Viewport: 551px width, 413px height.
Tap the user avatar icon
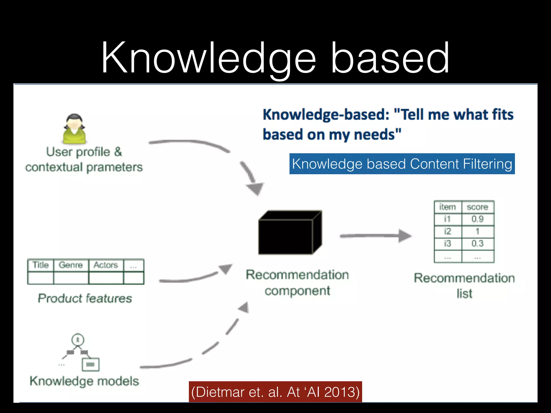74,129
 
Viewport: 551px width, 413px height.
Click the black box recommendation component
289,233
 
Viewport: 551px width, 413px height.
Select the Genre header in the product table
70,265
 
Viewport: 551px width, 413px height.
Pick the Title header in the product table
40,265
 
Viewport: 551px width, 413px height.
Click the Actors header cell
105,265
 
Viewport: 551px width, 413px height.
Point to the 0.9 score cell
478,219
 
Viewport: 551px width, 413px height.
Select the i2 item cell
447,231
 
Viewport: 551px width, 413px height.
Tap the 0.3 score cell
478,244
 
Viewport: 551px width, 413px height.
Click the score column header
478,207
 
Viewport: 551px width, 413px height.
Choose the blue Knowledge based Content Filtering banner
402,164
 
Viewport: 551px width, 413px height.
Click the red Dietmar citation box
275,392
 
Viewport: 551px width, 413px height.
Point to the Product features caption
85,298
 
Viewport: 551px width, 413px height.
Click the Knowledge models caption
84,381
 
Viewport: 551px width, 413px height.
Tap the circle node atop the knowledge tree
78,340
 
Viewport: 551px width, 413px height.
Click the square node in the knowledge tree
90,365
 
